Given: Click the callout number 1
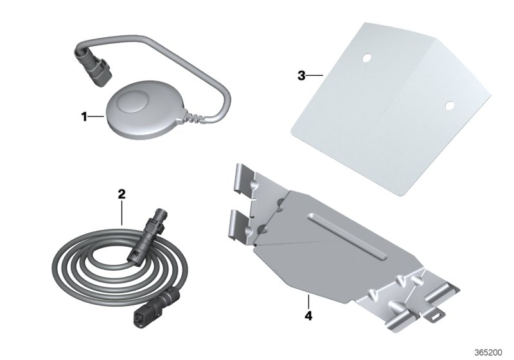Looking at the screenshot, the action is coord(84,117).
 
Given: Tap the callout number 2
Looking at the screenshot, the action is coord(121,194).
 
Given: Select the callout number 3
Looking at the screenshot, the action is coord(301,76).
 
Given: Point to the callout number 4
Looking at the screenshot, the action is coord(308,316).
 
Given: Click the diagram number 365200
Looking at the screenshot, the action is coord(488,352).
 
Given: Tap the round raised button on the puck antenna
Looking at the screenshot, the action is coord(134,102).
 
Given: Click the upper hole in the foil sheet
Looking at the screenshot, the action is coord(366,58).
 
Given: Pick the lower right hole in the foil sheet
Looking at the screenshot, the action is coord(449,105).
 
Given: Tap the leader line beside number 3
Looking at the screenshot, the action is coord(315,76).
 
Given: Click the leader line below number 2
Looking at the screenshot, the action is coord(121,213).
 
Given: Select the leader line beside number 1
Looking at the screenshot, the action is coord(96,117).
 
